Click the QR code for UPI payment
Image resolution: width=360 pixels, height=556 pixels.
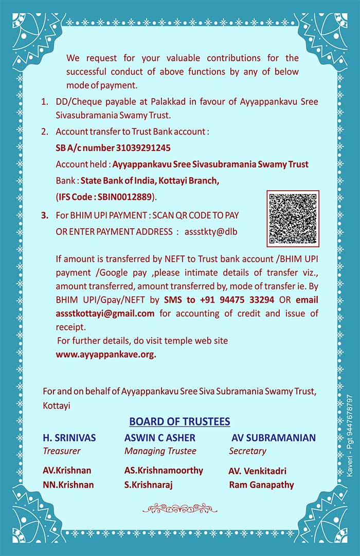tap(293, 218)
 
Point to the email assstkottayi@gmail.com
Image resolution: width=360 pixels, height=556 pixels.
tap(105, 313)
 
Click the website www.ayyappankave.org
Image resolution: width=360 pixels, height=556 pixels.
tap(105, 354)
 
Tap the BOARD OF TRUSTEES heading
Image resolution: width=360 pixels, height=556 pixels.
tap(179, 422)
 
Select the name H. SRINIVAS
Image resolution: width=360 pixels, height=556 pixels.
tap(69, 438)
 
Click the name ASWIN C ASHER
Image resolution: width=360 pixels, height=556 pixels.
tap(159, 438)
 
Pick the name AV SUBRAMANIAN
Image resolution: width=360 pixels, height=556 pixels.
tap(274, 438)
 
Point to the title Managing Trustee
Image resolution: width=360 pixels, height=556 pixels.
tap(160, 451)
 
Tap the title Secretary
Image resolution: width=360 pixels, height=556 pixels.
tap(247, 451)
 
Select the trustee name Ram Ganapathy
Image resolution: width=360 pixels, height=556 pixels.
tap(261, 485)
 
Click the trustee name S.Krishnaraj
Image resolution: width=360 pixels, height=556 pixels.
tap(149, 485)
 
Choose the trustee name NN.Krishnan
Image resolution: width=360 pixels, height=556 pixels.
tap(68, 485)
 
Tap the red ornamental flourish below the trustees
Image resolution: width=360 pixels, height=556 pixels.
tap(179, 509)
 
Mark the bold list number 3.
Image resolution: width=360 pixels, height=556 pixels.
tap(44, 215)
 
